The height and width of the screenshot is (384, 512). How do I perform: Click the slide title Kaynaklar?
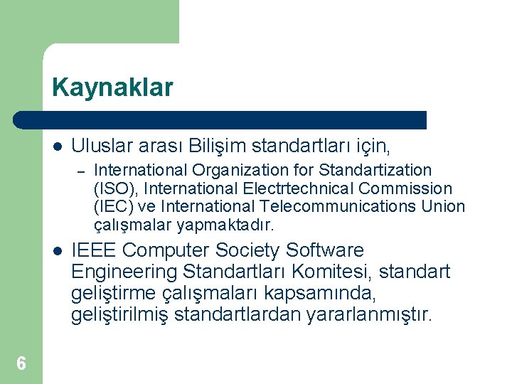112,88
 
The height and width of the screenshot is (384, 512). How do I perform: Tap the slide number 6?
21,364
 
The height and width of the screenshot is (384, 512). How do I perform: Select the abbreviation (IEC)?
114,207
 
